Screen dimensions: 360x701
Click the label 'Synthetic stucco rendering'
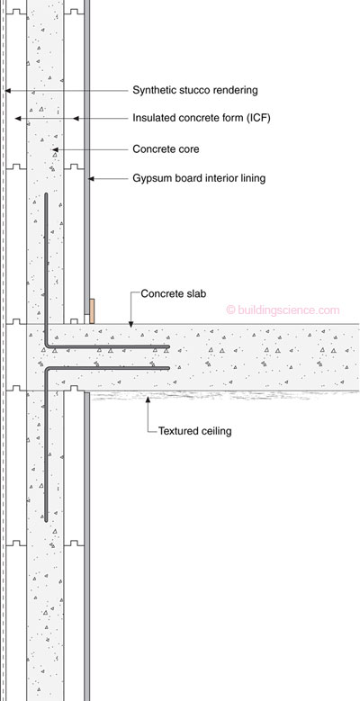(195, 90)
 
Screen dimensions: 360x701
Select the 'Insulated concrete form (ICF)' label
(202, 119)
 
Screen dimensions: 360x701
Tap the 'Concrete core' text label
(166, 148)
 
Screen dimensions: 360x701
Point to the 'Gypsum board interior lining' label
(199, 178)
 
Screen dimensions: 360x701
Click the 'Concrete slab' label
(174, 293)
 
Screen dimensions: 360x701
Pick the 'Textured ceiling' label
(195, 431)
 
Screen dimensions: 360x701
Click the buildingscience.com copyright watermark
(283, 310)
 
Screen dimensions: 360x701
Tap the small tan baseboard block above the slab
(92, 311)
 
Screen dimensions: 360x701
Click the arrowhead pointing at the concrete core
(55, 149)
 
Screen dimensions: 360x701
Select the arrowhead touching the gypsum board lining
(91, 179)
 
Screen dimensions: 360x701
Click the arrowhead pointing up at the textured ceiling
(148, 396)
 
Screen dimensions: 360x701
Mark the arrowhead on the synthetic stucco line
(7, 91)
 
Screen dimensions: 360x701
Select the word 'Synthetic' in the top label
(153, 90)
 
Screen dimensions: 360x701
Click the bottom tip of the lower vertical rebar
(46, 521)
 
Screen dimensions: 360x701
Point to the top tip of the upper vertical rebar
(46, 194)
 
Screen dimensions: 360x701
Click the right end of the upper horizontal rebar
(168, 346)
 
